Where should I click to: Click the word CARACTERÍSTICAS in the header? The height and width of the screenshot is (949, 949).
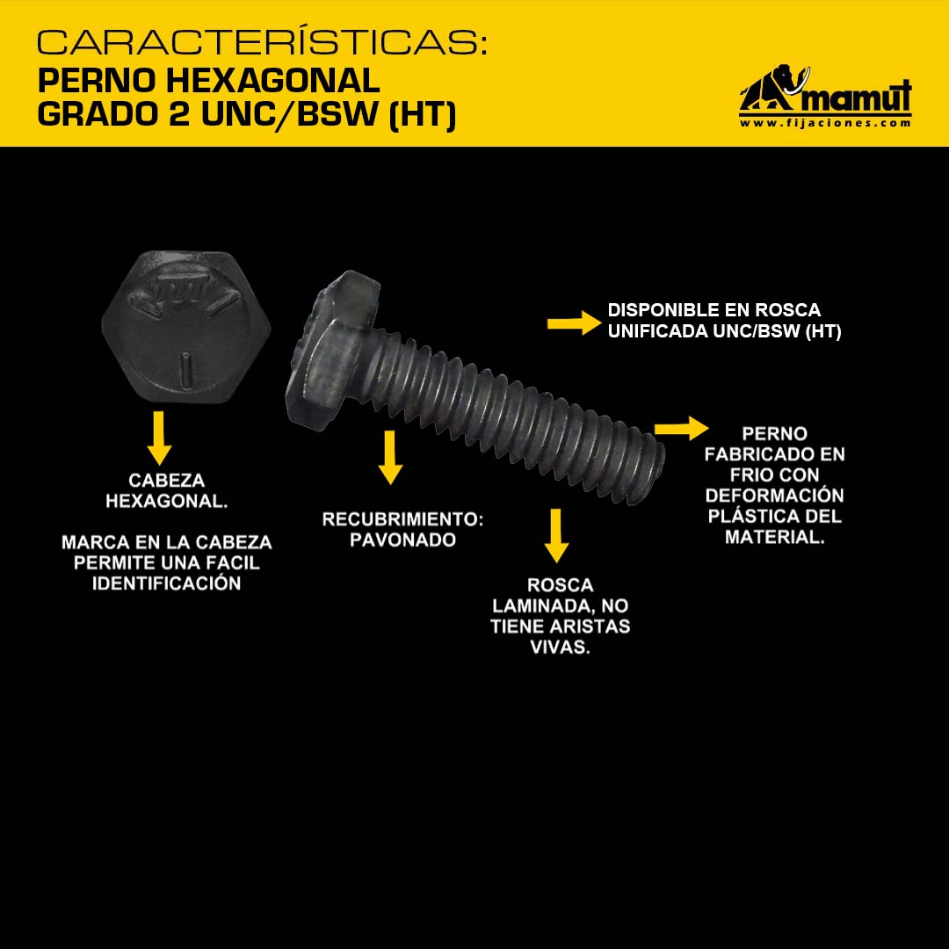262,42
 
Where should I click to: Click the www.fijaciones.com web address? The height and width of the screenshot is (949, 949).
825,123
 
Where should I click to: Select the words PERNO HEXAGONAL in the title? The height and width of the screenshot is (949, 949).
209,81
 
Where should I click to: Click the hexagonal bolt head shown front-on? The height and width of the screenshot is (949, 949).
185,327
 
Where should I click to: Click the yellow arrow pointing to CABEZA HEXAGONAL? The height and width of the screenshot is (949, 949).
158,438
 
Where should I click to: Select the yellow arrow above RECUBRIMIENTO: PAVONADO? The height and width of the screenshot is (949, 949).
390,458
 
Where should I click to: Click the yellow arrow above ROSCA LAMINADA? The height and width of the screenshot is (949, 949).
555,536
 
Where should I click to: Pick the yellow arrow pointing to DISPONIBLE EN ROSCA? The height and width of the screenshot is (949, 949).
574,323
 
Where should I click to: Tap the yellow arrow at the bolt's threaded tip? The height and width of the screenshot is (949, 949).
682,429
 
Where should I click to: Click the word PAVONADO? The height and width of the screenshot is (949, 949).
403,540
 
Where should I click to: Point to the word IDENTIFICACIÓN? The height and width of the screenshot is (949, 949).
166,583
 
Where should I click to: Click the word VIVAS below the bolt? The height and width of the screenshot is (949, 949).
560,647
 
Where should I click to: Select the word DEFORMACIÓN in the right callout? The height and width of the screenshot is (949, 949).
775,496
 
